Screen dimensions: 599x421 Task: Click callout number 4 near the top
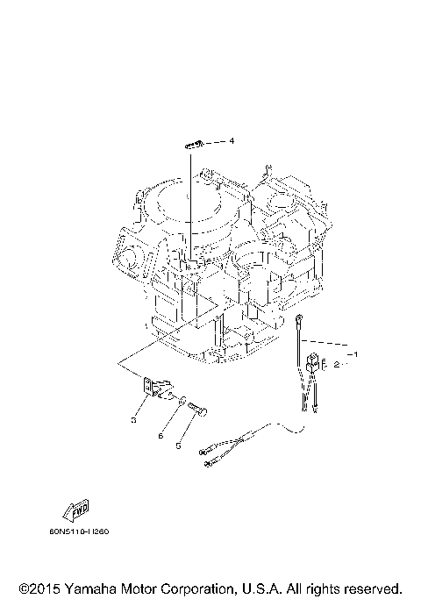tap(232, 140)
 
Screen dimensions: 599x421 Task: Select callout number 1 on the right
tap(355, 354)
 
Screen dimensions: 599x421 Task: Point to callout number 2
tap(336, 364)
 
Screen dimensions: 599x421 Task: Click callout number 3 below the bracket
tap(133, 420)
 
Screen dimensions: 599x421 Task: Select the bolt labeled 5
tap(201, 409)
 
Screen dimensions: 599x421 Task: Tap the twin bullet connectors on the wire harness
tap(210, 457)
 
